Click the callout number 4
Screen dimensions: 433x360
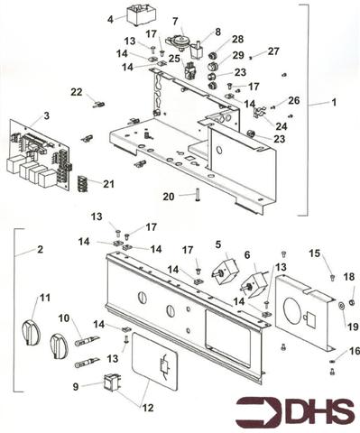click(x=111, y=18)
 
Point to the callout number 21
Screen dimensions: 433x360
click(x=109, y=183)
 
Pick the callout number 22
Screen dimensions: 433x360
click(x=77, y=91)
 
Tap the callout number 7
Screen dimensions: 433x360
click(x=175, y=21)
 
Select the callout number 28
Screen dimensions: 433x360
click(x=236, y=40)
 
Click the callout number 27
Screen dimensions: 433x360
click(x=273, y=51)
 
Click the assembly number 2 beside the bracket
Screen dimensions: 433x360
click(x=41, y=248)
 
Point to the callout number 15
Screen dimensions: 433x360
click(x=315, y=253)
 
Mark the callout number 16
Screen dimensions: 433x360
click(x=353, y=351)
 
